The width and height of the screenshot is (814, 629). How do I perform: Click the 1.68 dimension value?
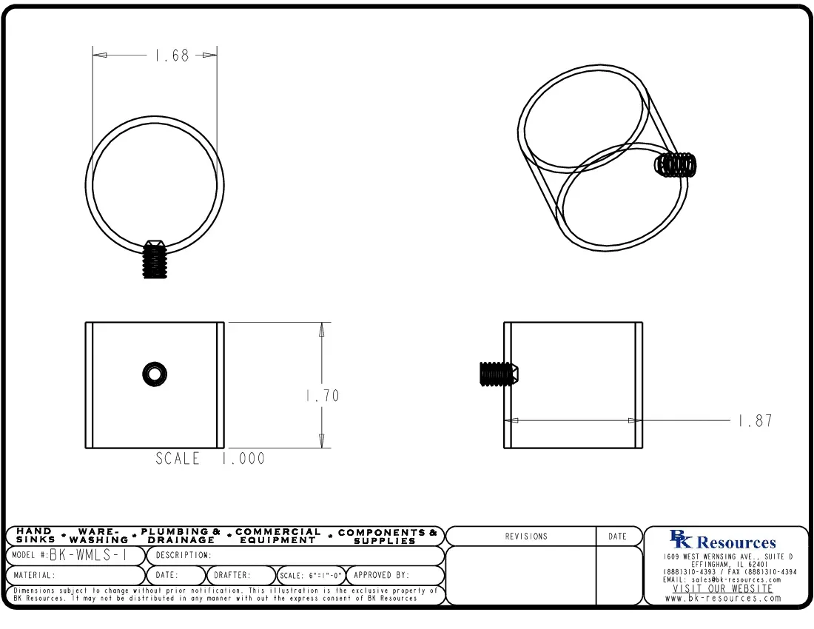pos(172,55)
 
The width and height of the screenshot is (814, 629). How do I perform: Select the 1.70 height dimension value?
pos(322,396)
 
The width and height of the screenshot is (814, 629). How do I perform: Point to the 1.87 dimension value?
pos(755,421)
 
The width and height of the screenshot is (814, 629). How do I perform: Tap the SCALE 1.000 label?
pos(209,459)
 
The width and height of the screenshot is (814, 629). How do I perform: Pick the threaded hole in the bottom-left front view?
pos(155,374)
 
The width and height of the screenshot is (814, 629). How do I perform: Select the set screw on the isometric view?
pos(676,164)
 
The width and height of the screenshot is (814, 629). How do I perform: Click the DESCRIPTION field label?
pos(184,555)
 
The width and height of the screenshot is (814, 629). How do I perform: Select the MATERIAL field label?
pos(33,575)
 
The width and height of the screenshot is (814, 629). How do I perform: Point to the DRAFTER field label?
pos(232,575)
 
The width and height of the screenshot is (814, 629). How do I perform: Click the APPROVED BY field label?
pos(381,575)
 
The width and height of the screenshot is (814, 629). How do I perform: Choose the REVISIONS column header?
pos(526,536)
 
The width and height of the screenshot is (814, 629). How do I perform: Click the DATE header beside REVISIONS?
pos(617,536)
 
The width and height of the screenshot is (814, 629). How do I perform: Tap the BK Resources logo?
pos(722,541)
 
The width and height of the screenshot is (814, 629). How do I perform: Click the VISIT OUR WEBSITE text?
pos(722,589)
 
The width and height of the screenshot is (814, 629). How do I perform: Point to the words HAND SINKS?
pos(35,536)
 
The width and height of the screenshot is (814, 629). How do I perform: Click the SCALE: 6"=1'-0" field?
pos(311,576)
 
